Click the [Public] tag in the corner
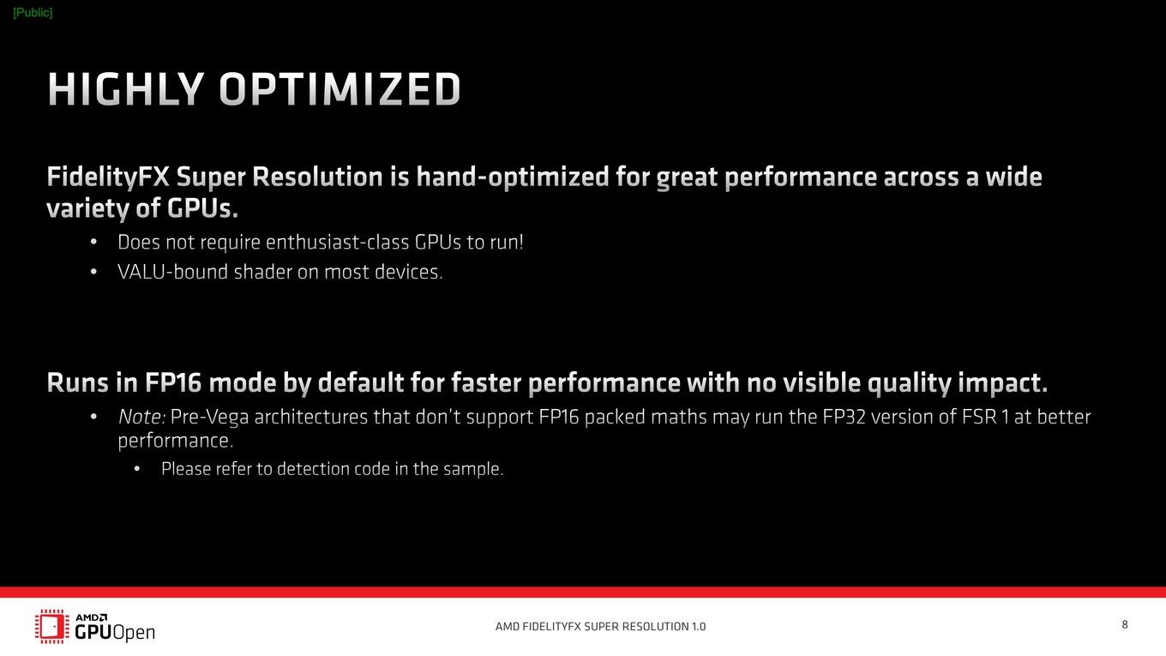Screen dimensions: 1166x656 33,13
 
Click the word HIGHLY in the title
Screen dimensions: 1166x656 125,89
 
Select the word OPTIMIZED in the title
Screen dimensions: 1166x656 340,89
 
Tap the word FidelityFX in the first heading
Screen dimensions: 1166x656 108,177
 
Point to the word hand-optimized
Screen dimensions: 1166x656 512,178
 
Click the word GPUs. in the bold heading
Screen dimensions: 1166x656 202,208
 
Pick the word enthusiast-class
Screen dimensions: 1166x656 337,242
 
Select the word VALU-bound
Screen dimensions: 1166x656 172,272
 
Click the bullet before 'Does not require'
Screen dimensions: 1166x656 93,242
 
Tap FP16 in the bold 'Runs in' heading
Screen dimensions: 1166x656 173,382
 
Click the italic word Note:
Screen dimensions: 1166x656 141,417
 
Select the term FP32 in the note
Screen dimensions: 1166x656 844,417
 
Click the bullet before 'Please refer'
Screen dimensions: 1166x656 137,469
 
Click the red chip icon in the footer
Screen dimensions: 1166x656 52,626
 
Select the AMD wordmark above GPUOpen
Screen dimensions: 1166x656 92,617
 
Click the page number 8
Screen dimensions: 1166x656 1125,625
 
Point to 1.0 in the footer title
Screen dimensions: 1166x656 699,627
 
